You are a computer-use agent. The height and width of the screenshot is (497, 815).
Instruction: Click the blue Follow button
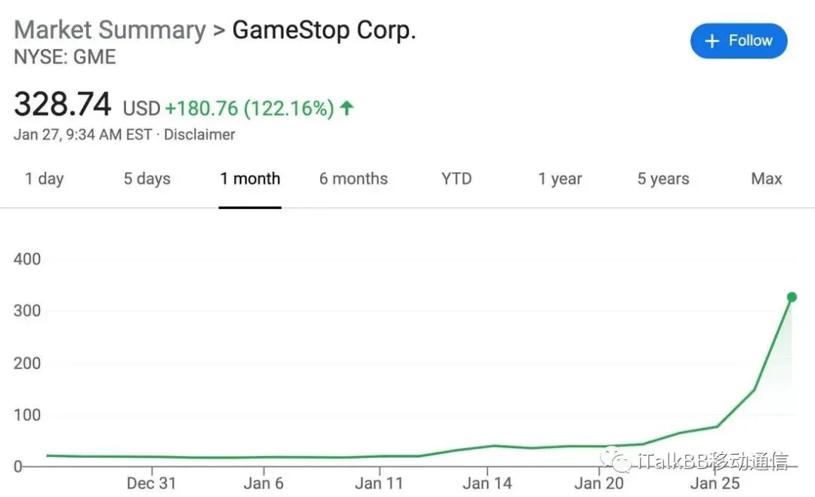tap(738, 41)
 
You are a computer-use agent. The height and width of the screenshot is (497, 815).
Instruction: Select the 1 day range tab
tap(45, 179)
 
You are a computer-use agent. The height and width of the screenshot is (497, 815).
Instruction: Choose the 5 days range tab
tap(147, 179)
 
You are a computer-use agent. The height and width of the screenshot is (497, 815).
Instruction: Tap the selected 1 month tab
tap(250, 179)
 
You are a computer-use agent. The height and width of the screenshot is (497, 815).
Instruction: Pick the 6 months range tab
tap(353, 179)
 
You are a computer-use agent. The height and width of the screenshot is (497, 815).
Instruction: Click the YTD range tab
tap(457, 179)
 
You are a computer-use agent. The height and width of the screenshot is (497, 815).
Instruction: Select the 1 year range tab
tap(560, 179)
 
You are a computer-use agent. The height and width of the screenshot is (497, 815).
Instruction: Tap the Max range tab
tap(767, 179)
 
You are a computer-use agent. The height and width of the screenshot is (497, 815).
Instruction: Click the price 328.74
tap(63, 105)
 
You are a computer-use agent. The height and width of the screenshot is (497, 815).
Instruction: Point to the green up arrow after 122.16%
tap(346, 108)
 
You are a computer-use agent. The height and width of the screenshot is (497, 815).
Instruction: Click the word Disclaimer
tap(199, 135)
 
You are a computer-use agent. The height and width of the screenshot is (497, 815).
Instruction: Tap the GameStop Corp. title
tap(324, 30)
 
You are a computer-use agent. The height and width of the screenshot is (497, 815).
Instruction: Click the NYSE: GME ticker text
tap(65, 57)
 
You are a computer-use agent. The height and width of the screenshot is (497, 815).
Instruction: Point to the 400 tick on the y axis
tap(27, 259)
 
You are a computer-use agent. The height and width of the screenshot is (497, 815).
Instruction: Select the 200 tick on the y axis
tap(27, 363)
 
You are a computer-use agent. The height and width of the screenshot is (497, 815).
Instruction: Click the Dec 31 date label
tap(151, 483)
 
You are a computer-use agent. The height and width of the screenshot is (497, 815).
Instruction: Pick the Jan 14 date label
tap(487, 483)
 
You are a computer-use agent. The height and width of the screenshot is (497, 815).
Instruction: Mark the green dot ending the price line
tap(792, 297)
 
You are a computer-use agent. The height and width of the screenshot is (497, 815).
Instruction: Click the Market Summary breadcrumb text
tap(110, 30)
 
